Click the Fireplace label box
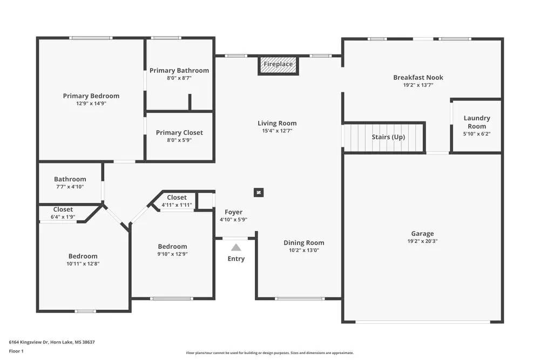click(278, 64)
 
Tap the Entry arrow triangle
click(236, 248)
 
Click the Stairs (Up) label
click(388, 137)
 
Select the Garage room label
click(422, 234)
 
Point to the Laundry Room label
click(477, 122)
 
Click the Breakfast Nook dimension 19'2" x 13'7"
click(418, 85)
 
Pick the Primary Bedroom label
click(91, 96)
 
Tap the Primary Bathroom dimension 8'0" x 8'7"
click(179, 78)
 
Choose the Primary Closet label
click(179, 133)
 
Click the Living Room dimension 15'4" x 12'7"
click(277, 131)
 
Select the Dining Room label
click(304, 243)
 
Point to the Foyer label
click(233, 212)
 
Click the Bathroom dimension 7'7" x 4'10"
click(70, 187)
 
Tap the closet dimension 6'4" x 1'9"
click(63, 217)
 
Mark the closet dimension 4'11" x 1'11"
click(177, 205)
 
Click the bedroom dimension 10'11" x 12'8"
click(83, 264)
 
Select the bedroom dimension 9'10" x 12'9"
click(172, 254)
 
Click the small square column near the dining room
click(259, 192)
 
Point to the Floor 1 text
click(16, 351)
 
